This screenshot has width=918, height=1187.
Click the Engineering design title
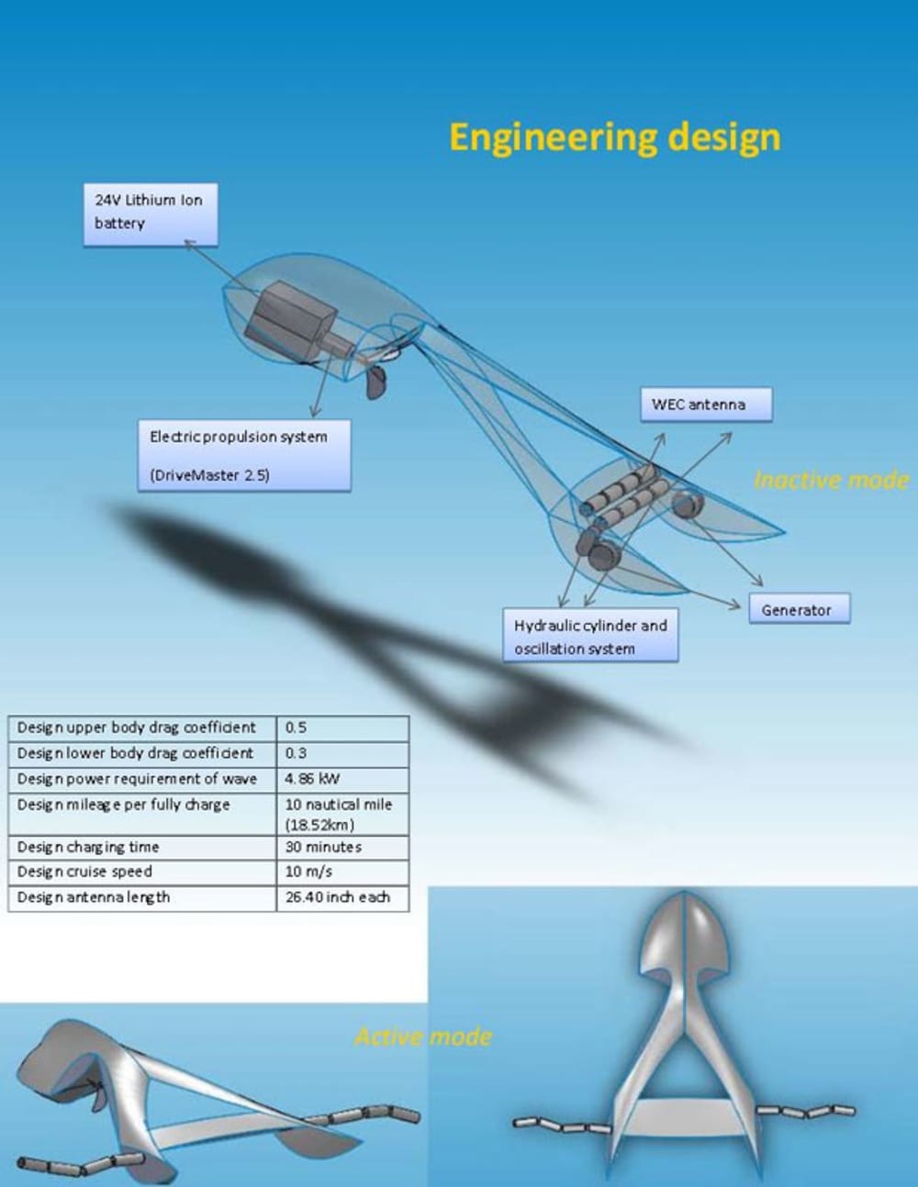(x=614, y=137)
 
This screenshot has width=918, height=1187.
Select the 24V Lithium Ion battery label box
(x=151, y=213)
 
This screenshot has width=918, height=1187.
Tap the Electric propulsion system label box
(x=243, y=455)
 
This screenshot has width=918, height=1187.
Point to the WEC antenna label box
(x=705, y=405)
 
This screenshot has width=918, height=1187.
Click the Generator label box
(x=799, y=609)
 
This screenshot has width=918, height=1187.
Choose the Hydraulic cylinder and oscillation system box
(x=590, y=636)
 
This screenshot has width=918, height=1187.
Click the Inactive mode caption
(x=830, y=480)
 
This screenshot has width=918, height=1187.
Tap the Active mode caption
(x=423, y=1037)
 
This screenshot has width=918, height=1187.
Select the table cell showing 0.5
(x=341, y=727)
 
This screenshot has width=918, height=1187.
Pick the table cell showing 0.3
(x=341, y=753)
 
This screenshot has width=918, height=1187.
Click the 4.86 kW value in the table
(x=341, y=779)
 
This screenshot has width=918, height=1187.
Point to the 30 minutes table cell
(x=341, y=847)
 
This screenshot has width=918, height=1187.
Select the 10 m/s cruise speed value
(x=341, y=871)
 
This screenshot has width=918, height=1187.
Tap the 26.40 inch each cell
(x=341, y=897)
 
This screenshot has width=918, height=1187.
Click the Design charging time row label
(x=142, y=847)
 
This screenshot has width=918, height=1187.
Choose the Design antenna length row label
(x=142, y=897)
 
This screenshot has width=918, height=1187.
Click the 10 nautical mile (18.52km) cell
(x=341, y=814)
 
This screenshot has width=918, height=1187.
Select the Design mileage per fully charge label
(x=142, y=805)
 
